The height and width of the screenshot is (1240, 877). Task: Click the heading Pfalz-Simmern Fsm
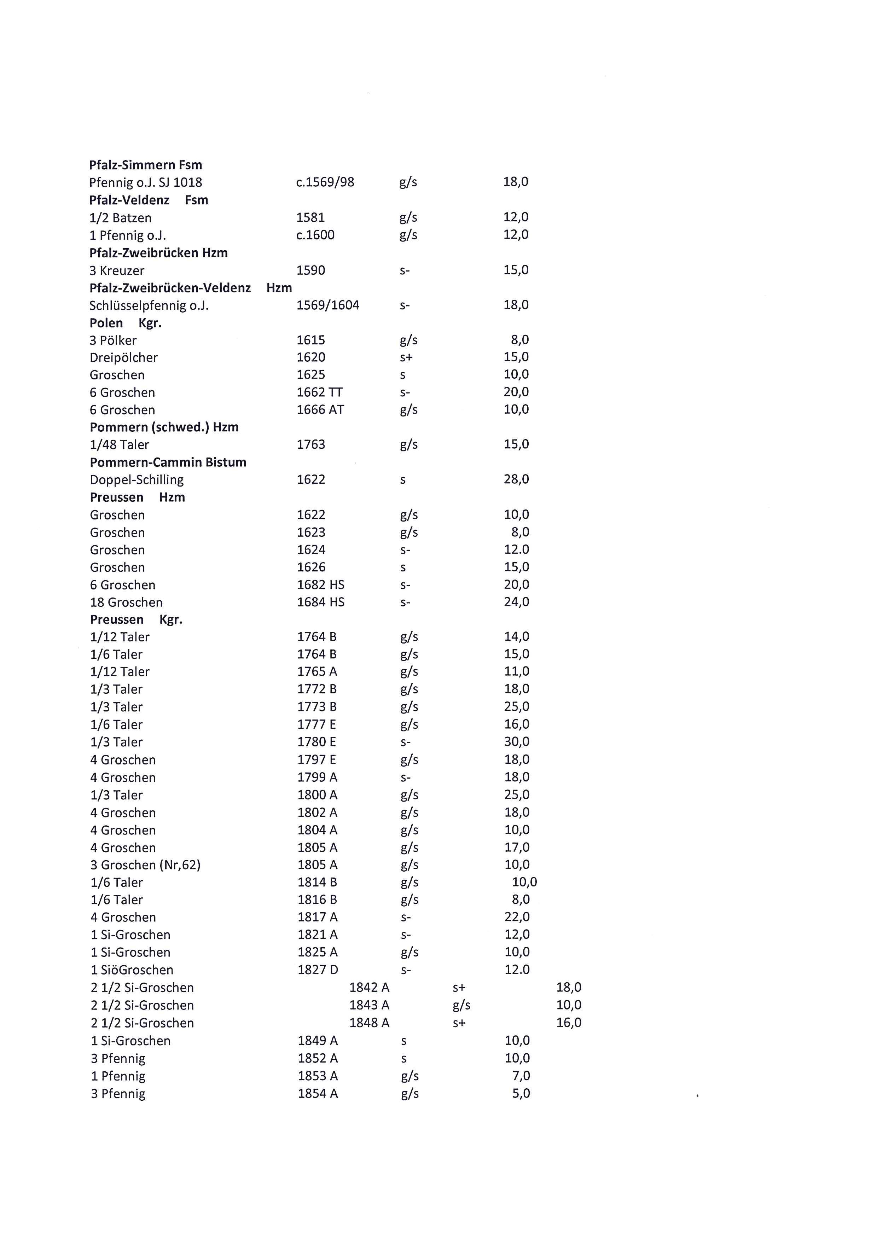[145, 165]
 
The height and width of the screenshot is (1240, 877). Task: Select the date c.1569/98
[325, 182]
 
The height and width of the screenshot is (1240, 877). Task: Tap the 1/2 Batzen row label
[121, 218]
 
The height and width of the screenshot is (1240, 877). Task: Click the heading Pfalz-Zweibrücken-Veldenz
[170, 288]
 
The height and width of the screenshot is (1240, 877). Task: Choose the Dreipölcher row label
[124, 357]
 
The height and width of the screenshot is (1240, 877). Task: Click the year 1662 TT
[320, 392]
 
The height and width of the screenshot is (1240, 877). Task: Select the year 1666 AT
[320, 409]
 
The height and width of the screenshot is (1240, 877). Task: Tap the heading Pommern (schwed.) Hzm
[164, 427]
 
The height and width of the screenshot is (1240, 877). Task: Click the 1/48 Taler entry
[119, 444]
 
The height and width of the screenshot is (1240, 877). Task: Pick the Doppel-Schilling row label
[137, 479]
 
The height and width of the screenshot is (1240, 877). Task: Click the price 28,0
[516, 479]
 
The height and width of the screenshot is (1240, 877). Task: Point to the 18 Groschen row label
[126, 602]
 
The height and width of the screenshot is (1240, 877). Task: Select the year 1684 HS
[321, 602]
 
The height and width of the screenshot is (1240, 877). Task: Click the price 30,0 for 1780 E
[517, 741]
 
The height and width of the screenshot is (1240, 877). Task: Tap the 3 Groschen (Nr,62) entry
[145, 864]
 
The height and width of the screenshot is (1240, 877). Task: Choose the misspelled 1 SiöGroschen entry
[132, 970]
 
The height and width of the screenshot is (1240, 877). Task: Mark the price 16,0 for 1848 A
[569, 1022]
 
